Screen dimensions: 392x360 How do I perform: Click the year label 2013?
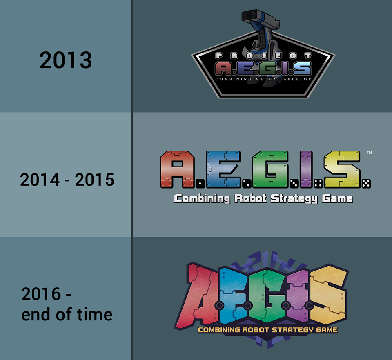(66, 60)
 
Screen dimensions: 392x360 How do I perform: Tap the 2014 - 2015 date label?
(67, 180)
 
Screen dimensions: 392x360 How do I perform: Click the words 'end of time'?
(67, 314)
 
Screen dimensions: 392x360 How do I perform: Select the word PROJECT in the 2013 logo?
(263, 56)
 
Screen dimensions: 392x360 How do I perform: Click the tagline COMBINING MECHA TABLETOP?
(263, 79)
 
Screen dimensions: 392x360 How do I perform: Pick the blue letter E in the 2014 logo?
(223, 169)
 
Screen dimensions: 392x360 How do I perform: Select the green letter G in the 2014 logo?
(270, 169)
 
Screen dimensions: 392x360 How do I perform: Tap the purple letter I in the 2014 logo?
(306, 169)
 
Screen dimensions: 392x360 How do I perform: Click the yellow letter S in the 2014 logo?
(342, 169)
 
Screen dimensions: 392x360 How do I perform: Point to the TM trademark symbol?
(369, 152)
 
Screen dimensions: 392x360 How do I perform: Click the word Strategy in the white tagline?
(294, 199)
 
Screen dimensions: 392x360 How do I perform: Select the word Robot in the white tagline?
(251, 198)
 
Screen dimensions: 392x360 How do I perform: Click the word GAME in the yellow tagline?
(327, 330)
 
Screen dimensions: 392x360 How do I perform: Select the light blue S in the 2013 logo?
(303, 68)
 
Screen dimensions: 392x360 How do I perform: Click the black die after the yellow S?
(367, 184)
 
